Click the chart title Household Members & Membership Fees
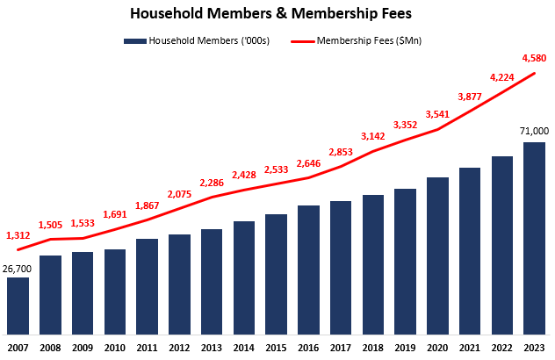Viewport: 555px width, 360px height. pos(277,14)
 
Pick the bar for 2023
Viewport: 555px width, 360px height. pos(534,238)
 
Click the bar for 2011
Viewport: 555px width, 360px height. pos(147,286)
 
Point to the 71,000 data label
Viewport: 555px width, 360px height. pos(534,132)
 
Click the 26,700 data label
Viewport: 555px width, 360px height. pos(18,267)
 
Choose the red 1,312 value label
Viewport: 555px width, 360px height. pos(18,234)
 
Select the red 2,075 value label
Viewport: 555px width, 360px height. pos(180,194)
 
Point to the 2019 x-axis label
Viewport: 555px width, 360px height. pos(405,347)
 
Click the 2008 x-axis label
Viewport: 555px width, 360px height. pos(50,347)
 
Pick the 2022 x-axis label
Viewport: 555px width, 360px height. pos(501,347)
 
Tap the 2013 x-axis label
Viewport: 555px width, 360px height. pos(212,347)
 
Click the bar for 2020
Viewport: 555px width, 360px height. pos(437,256)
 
